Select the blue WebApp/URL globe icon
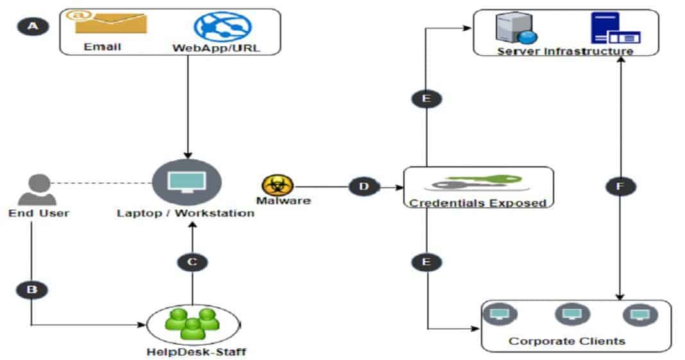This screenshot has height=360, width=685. (x=216, y=26)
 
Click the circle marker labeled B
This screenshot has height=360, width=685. (x=31, y=289)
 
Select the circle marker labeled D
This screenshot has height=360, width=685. (x=364, y=187)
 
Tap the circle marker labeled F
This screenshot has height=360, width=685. (x=620, y=187)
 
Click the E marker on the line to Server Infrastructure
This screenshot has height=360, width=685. (x=427, y=99)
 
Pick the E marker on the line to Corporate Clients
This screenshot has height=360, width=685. (x=427, y=262)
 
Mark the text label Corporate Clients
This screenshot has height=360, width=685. (x=566, y=341)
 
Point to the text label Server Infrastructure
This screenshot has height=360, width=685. (x=565, y=51)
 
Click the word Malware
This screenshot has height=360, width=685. (x=283, y=201)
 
